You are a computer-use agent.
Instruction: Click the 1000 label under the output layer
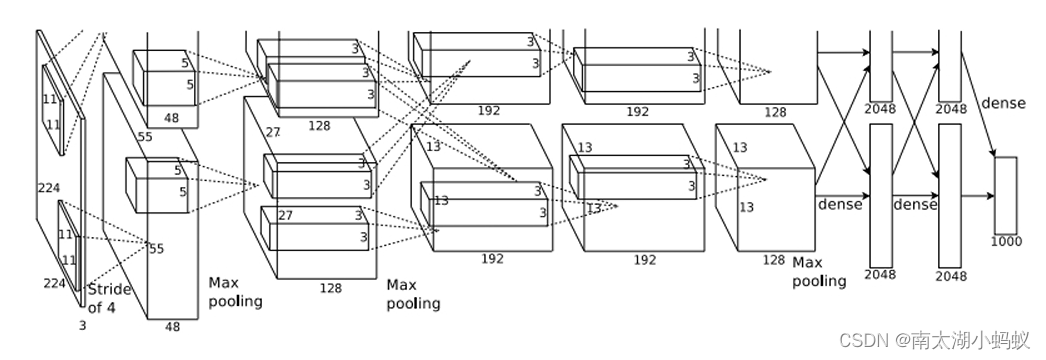coord(1006,241)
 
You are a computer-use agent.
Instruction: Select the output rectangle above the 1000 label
coord(1006,195)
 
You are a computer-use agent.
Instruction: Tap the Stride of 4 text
coord(109,299)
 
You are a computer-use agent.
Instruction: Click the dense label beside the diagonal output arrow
coord(1003,103)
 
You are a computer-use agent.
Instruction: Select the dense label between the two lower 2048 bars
coord(915,205)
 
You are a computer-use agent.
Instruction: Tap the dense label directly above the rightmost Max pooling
coord(840,205)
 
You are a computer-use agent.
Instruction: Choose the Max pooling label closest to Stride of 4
coord(235,292)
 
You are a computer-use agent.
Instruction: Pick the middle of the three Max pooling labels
coord(414,295)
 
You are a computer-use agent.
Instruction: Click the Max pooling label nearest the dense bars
coord(819,272)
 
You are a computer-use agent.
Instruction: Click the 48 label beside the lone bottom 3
coord(172,327)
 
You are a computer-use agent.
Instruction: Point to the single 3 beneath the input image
coord(83,326)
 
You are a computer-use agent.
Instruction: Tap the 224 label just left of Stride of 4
coord(55,284)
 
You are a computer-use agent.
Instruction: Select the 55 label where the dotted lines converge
coord(156,249)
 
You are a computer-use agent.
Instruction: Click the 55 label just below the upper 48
coord(145,137)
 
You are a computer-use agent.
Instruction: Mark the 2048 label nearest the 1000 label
coord(951,275)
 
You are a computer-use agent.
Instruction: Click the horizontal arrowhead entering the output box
coord(991,196)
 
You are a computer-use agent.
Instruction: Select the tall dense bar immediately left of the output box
coord(950,195)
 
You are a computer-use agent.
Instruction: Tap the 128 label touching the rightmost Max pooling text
coord(773,260)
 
